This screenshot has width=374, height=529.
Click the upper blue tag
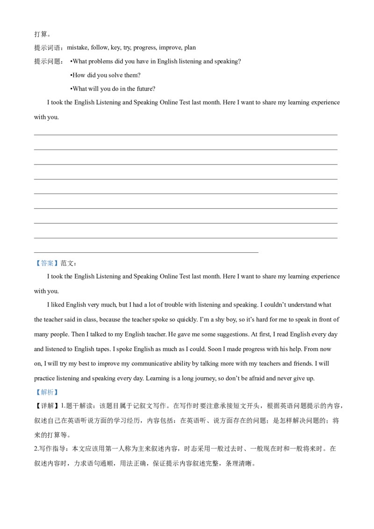click(47, 264)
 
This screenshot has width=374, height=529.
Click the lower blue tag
click(47, 393)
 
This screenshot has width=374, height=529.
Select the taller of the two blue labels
click(47, 264)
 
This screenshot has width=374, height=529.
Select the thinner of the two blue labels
click(47, 393)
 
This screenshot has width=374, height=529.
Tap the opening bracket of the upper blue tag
click(38, 264)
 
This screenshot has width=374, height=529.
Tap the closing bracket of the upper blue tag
click(56, 264)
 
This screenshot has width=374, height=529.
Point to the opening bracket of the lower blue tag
click(38, 393)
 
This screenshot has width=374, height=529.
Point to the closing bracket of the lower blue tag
click(56, 393)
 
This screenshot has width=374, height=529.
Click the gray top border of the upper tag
click(47, 259)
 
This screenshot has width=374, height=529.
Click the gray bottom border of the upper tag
click(47, 268)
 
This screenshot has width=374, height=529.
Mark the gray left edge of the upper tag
click(35, 264)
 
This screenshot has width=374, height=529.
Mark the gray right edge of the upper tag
click(59, 264)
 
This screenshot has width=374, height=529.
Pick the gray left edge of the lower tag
click(35, 393)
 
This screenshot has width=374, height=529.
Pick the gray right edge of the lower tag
click(59, 393)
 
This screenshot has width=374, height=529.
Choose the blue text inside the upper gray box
click(47, 264)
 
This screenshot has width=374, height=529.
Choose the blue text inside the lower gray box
click(47, 393)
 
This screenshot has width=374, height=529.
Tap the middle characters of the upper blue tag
click(47, 264)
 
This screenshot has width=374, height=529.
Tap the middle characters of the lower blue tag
click(47, 393)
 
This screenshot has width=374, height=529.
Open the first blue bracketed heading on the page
click(47, 264)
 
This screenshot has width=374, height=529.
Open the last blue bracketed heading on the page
click(47, 393)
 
